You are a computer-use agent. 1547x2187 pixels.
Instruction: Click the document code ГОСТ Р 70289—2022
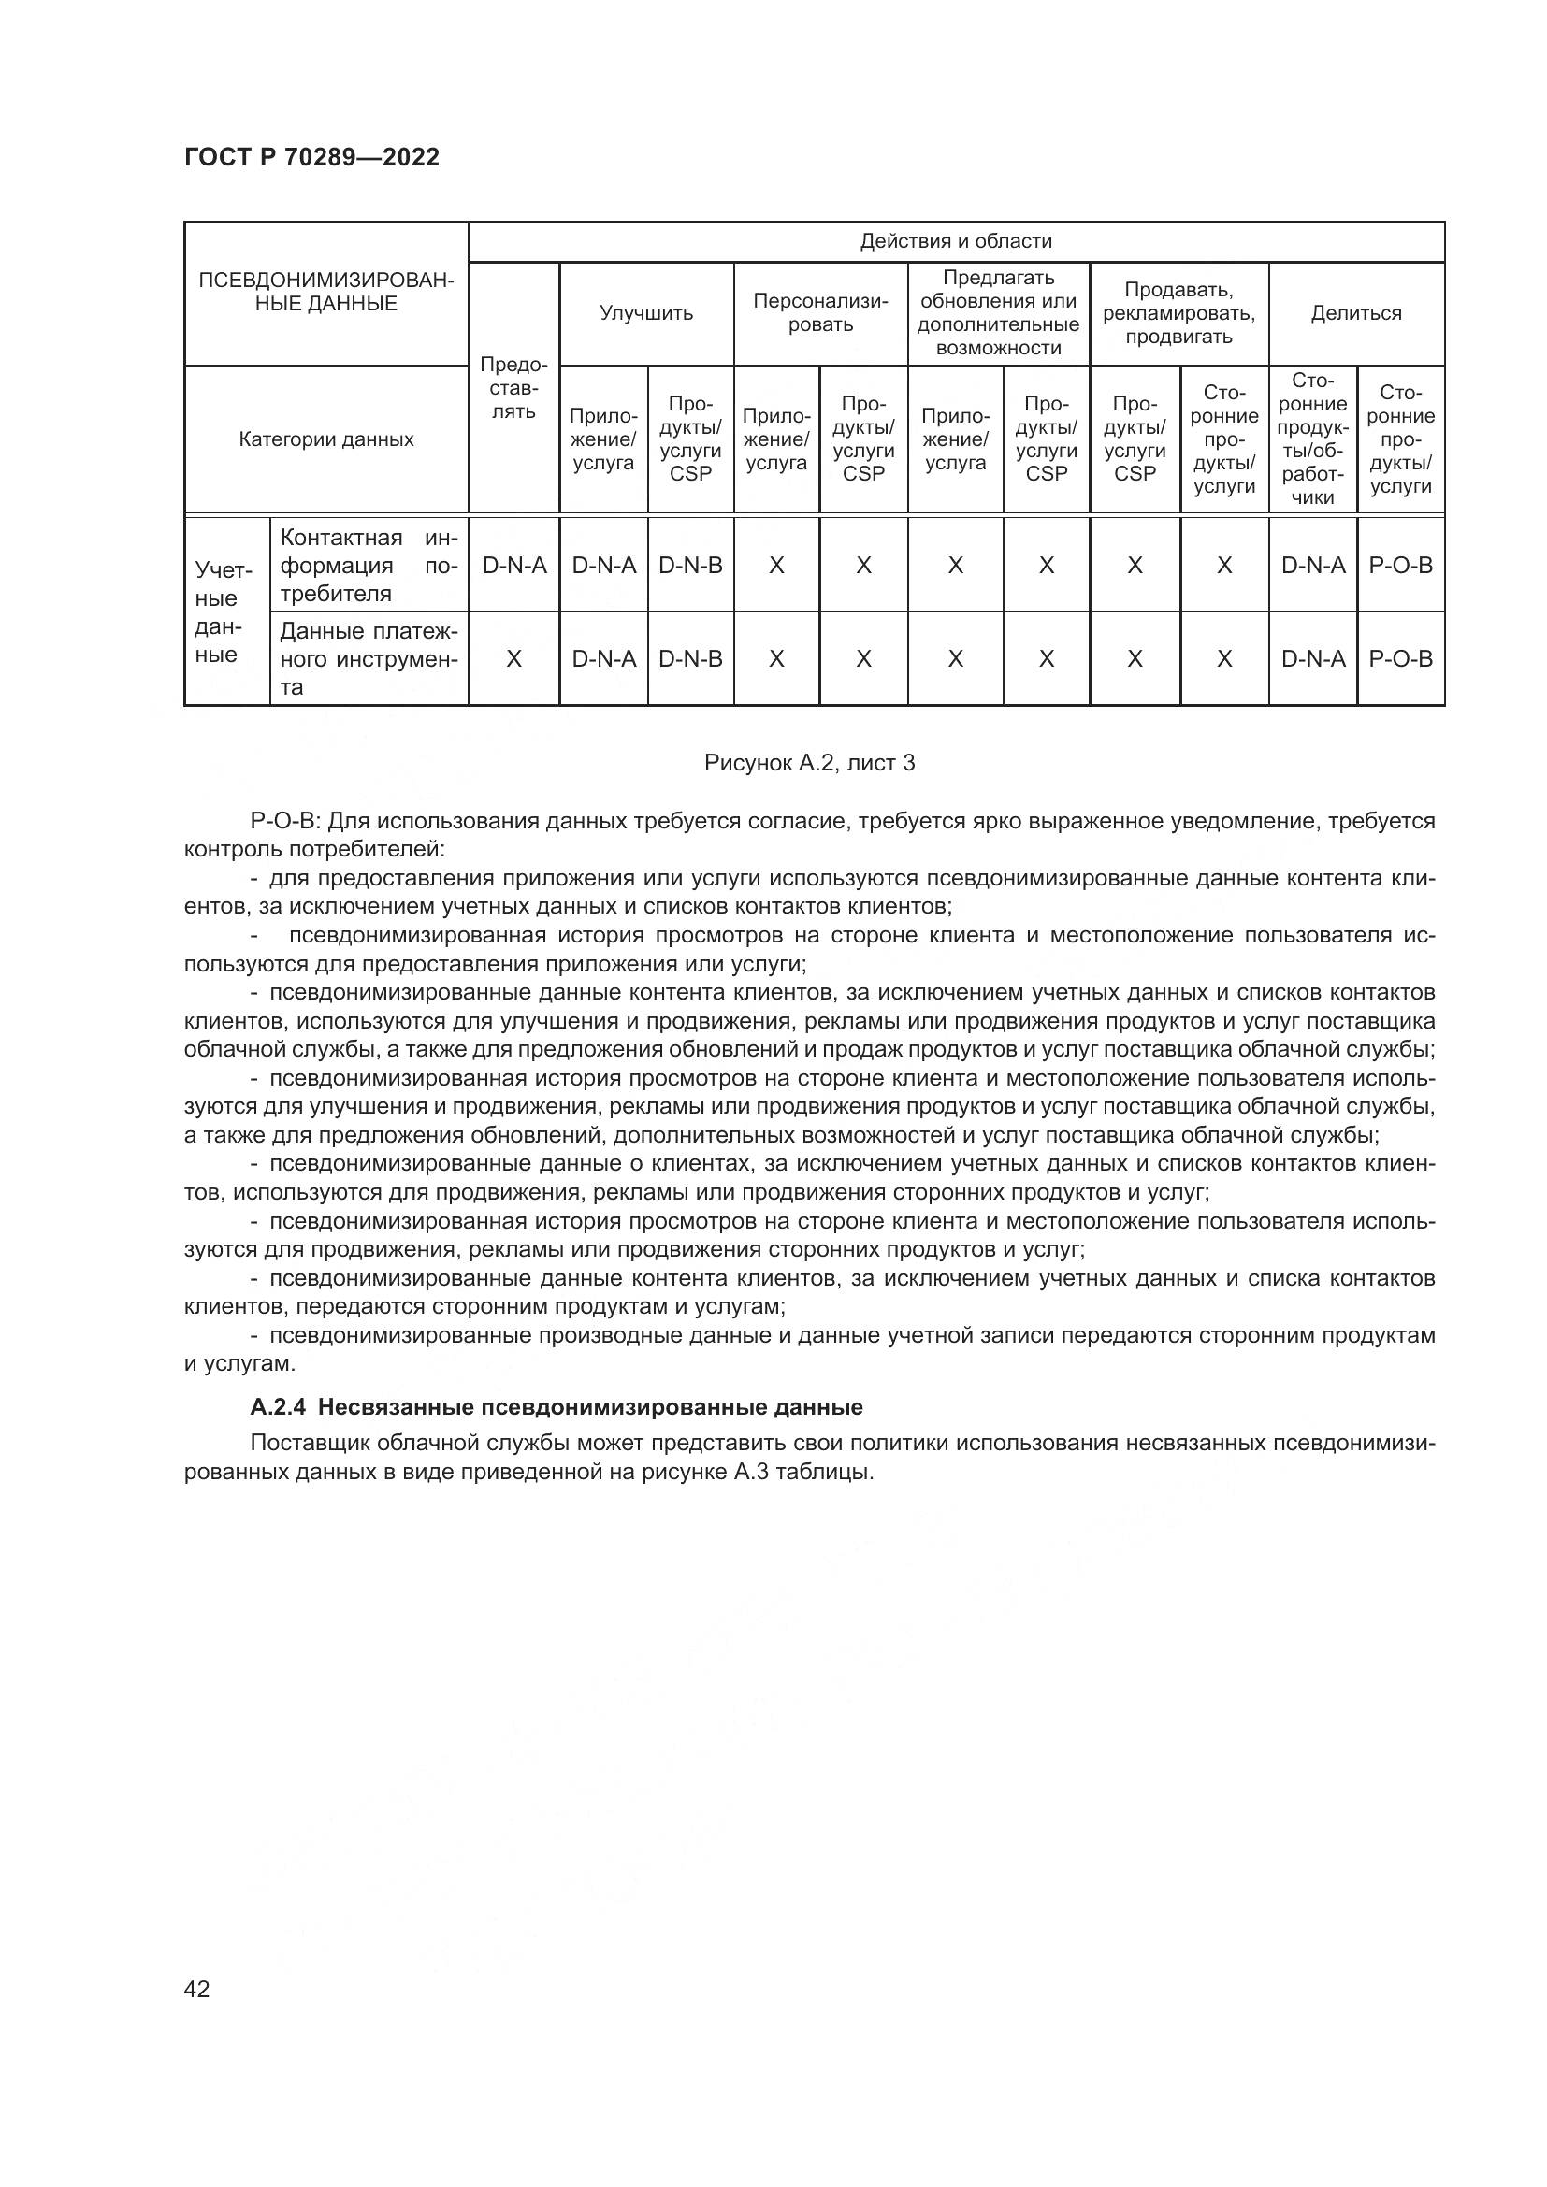pos(311,158)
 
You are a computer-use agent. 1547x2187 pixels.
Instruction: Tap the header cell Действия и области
pos(956,241)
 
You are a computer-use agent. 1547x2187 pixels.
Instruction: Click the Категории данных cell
pos(325,439)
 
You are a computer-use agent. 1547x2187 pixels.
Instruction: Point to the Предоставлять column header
pos(513,389)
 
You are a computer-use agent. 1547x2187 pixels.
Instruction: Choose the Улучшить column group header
pos(646,313)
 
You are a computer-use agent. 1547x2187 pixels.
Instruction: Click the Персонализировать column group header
pos(820,313)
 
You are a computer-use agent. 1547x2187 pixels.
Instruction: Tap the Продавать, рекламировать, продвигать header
pos(1178,313)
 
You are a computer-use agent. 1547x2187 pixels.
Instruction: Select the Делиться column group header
pos(1355,313)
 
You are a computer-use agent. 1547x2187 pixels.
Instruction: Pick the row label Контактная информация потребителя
pos(369,565)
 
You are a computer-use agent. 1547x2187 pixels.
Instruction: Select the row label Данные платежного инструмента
pos(369,659)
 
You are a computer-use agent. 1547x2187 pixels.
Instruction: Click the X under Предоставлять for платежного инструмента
pos(513,659)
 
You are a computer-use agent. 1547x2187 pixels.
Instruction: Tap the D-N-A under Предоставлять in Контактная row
pos(514,566)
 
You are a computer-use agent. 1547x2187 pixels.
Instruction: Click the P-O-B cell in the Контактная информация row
pos(1400,566)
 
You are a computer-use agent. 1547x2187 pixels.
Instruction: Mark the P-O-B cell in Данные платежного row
pos(1400,659)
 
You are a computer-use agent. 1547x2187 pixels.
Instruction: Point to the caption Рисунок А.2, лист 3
pos(809,763)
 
